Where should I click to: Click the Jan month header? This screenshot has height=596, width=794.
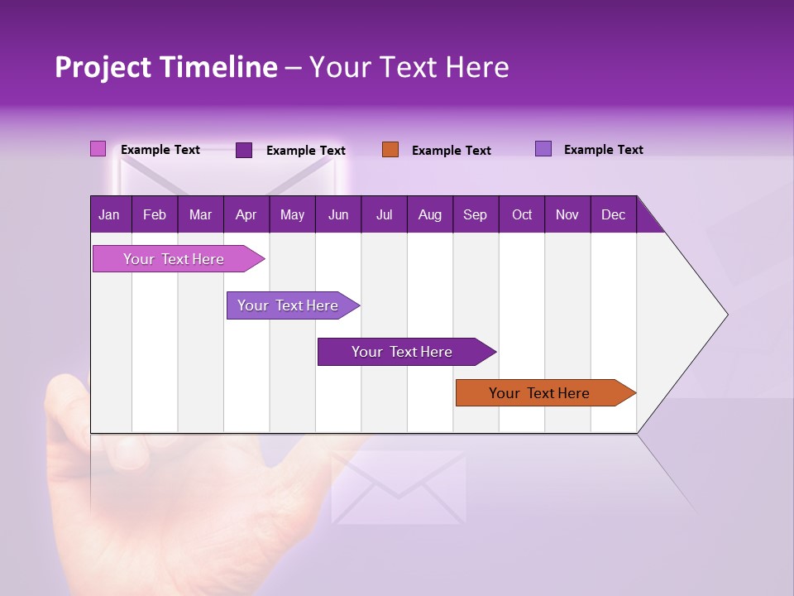pos(110,214)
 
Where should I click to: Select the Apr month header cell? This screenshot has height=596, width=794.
pos(246,214)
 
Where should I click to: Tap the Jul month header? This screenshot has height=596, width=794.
pos(384,214)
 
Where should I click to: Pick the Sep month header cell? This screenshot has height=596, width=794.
pos(476,214)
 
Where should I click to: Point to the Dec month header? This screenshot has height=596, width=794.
pos(613,214)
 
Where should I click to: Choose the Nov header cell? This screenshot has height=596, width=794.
pos(567,214)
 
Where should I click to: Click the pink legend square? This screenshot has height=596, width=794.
pos(98,149)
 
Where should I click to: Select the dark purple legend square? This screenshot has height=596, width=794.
pos(244,150)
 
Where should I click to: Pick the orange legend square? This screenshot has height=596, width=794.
pos(390,150)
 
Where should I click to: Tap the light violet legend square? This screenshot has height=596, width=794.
pos(543,149)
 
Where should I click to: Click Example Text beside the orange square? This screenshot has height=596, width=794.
pos(451,151)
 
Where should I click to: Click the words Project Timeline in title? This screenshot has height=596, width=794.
pos(165,67)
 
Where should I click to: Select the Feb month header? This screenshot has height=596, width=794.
pos(155,214)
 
